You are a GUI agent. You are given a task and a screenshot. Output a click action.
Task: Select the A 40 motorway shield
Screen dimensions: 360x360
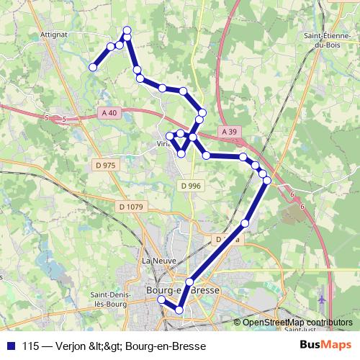[x=109, y=112]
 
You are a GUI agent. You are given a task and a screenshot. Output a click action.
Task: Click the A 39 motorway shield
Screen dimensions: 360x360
[x=229, y=132]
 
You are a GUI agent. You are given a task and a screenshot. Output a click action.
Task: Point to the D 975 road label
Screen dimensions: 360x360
[x=104, y=165]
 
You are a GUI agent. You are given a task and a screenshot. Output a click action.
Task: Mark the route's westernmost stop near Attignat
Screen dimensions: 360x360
[x=93, y=67]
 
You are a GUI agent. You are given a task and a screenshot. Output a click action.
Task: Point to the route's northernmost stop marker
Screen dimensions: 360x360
[x=127, y=30]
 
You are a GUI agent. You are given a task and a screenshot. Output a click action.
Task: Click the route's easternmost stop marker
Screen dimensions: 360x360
[x=267, y=180]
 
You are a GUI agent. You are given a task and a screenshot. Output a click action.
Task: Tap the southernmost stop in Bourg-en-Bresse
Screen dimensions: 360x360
[x=179, y=310]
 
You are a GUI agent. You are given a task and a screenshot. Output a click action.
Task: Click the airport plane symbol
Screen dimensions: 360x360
[x=320, y=297]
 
